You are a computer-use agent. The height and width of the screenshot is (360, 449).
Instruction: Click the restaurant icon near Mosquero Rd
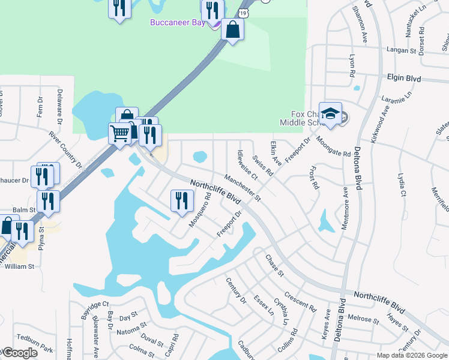(181, 200)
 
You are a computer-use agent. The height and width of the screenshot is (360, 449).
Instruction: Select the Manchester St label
(243, 188)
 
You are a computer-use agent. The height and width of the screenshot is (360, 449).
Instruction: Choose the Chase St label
(274, 264)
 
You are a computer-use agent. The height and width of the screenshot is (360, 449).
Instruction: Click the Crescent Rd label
(300, 301)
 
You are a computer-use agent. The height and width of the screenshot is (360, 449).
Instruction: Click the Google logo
(20, 353)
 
